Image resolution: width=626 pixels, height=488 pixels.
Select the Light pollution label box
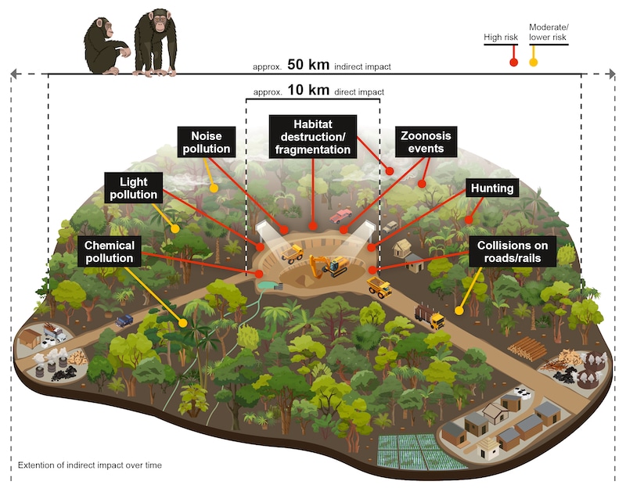[x=133, y=187]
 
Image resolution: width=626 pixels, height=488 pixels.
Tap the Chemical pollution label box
[x=109, y=251]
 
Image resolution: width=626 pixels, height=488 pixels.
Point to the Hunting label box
[x=492, y=188]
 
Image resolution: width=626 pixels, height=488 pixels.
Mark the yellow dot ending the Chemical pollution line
[x=182, y=321]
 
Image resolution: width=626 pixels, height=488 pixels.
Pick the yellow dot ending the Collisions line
[x=459, y=310]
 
